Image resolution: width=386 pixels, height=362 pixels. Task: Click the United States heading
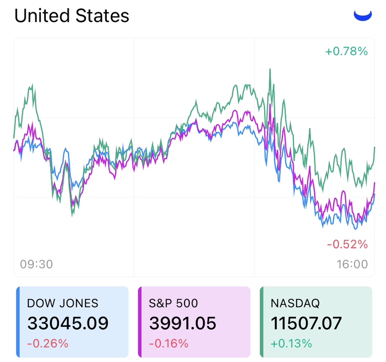coord(72,16)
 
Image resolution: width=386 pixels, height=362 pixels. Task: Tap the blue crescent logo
coord(362,15)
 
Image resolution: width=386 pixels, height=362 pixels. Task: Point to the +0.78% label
coord(347,52)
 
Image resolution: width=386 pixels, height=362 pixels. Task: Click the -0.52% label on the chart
coord(347,245)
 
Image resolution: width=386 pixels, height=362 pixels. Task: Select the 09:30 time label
coord(36,264)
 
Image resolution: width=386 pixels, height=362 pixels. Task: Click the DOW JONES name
coord(63,303)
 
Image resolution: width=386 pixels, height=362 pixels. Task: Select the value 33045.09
coord(68,323)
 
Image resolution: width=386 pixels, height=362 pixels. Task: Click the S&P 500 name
coord(174,303)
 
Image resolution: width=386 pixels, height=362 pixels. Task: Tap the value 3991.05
coord(183,323)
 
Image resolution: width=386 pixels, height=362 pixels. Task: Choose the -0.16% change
coord(169,344)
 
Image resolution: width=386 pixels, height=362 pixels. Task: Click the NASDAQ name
coord(295,303)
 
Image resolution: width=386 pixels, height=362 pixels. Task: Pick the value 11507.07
coord(306,323)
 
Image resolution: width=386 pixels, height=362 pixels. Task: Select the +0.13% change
coord(291,344)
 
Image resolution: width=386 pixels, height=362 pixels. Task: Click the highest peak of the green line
coord(270,69)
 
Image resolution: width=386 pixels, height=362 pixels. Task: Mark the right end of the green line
coord(374,147)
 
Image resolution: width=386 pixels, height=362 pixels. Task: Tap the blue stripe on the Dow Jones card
coord(18,322)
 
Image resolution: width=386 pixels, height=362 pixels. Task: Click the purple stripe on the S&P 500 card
coord(140,322)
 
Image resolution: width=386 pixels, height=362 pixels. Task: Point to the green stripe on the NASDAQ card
coord(262,322)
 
